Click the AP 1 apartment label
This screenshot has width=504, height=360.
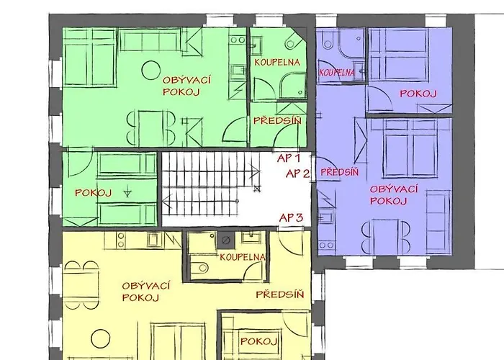click(289, 158)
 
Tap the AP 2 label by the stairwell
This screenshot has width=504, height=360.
click(297, 174)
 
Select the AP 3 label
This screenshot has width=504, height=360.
click(291, 217)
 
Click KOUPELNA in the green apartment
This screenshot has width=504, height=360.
click(277, 62)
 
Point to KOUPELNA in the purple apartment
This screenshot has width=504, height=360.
click(336, 72)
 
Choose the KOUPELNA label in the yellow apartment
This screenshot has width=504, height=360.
click(243, 257)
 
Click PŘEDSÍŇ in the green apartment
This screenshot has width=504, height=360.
click(277, 121)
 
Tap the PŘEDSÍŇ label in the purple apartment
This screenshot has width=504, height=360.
click(339, 172)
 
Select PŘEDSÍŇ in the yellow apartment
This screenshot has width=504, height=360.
click(279, 294)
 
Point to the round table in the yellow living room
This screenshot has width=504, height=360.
click(101, 339)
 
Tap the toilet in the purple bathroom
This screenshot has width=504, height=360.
click(328, 41)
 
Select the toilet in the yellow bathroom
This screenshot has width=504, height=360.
click(200, 267)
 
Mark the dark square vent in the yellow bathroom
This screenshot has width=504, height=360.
click(226, 240)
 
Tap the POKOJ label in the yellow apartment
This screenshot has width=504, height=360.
click(258, 341)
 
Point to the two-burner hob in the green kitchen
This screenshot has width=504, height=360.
click(238, 40)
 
